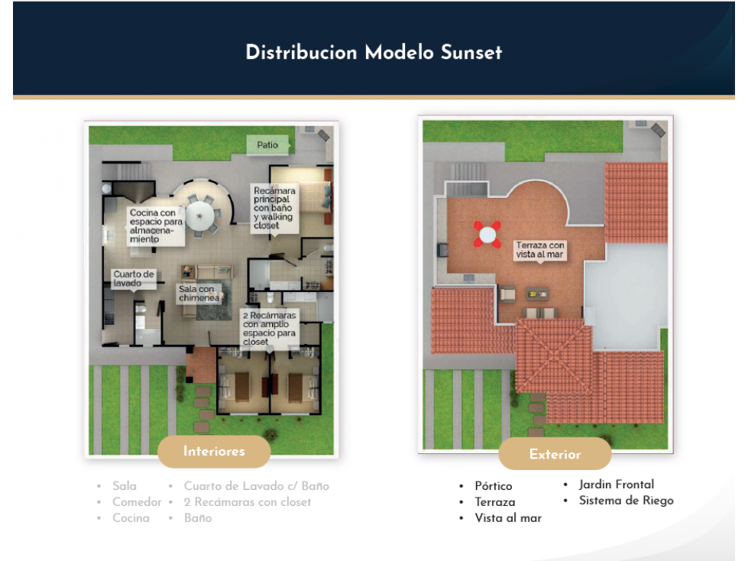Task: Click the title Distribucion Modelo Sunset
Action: click(x=374, y=53)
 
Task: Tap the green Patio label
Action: click(x=267, y=144)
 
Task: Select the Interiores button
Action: click(x=214, y=451)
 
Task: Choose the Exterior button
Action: click(x=555, y=454)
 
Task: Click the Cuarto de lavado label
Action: click(x=134, y=279)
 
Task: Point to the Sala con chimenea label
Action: click(x=199, y=293)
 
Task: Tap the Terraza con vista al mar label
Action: click(x=539, y=250)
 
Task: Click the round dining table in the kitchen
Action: click(x=199, y=216)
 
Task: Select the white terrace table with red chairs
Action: click(x=487, y=234)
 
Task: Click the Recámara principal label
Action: click(x=274, y=208)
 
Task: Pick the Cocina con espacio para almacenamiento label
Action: click(x=156, y=226)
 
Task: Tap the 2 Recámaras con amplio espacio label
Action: click(x=270, y=329)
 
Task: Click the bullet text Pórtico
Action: click(x=494, y=486)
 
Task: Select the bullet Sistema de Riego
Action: click(x=626, y=501)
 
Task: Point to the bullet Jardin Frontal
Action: click(x=617, y=485)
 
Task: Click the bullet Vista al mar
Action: click(x=508, y=518)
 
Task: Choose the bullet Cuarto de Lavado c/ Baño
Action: click(x=256, y=486)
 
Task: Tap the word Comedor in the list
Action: click(x=137, y=502)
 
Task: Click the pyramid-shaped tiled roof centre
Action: click(x=554, y=355)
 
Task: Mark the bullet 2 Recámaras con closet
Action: click(x=247, y=502)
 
